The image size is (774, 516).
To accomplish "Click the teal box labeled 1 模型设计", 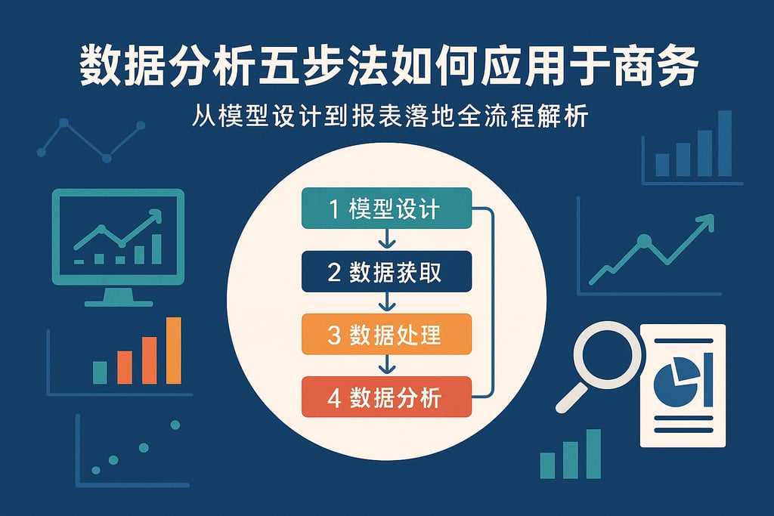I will coord(386,209).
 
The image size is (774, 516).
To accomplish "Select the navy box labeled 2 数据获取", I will coord(386,272).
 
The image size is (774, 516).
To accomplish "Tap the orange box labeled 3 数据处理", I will coord(386,335).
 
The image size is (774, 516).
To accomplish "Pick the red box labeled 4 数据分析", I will coord(386,397).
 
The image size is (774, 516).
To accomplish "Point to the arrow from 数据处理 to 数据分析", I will coord(387,366).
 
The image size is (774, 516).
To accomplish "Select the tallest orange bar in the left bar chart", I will coord(174,350).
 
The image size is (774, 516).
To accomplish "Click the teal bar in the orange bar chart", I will coord(100,372).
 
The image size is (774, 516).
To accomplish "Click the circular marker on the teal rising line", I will coord(645,242).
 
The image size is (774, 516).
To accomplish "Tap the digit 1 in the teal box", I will coord(335,209).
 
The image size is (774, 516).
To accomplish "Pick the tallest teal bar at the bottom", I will coord(593,453).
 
